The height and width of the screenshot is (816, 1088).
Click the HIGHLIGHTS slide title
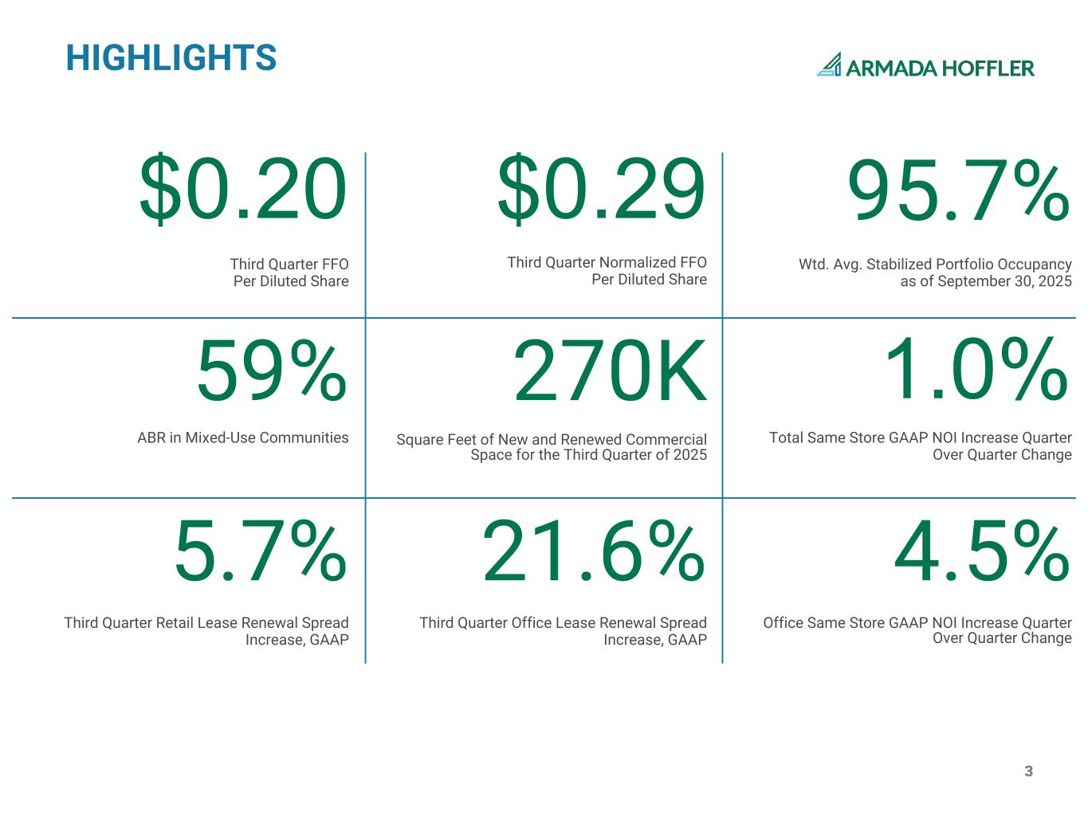click(171, 58)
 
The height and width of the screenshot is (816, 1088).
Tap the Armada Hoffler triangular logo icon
click(830, 65)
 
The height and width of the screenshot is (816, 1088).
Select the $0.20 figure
click(243, 190)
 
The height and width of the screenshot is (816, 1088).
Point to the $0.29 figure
click(601, 190)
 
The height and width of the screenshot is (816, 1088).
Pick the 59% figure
click(272, 371)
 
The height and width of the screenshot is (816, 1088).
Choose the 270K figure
click(610, 371)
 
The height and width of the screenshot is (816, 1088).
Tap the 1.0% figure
click(976, 371)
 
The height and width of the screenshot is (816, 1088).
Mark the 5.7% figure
click(261, 551)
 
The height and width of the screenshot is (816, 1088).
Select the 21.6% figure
click(594, 551)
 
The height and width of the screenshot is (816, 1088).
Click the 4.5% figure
click(981, 551)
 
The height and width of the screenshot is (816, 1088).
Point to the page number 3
click(1028, 771)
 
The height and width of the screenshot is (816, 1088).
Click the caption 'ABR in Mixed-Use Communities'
click(243, 437)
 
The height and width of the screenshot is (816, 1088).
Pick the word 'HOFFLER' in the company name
click(988, 69)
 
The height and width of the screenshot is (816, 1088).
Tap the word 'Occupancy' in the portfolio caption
click(1033, 264)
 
